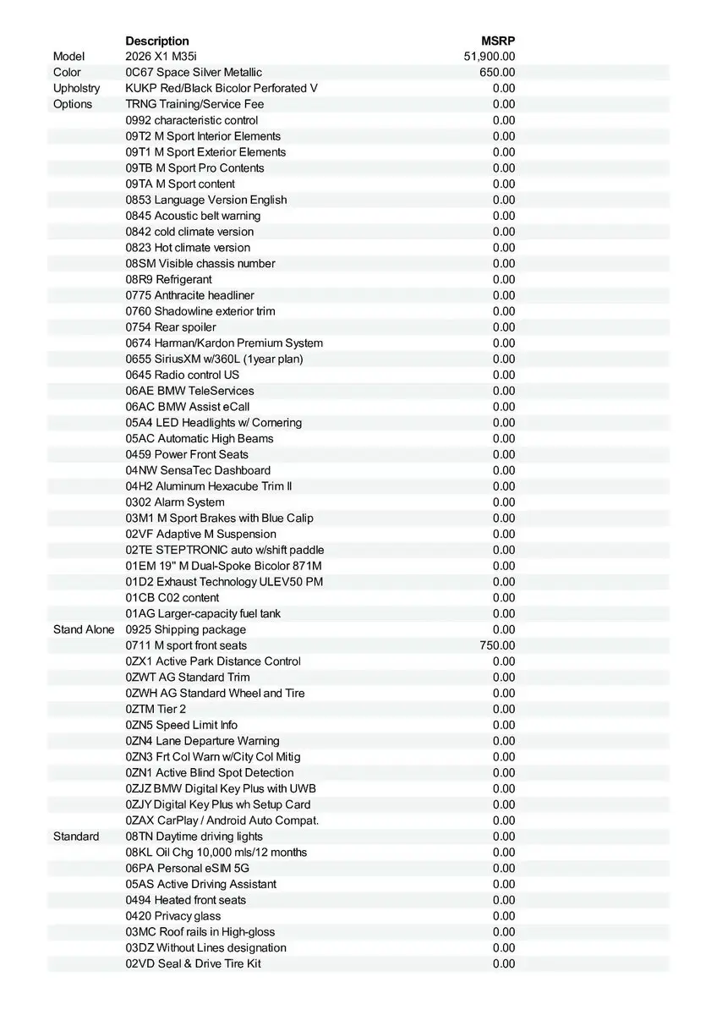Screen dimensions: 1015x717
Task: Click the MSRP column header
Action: point(498,41)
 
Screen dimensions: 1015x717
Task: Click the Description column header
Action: point(157,41)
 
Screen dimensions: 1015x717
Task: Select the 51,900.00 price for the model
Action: point(490,57)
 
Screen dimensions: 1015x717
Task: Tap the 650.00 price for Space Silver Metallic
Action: point(497,73)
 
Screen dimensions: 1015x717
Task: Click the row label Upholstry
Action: point(76,88)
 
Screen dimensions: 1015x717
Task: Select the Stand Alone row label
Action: point(84,629)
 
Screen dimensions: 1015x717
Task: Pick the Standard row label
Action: point(76,837)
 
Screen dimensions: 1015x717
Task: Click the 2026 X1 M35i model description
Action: point(161,57)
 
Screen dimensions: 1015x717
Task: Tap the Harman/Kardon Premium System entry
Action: point(224,343)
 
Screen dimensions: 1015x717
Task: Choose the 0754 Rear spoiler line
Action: point(171,327)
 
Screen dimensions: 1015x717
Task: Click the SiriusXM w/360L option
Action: point(214,359)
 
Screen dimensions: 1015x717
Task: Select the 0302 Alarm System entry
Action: point(175,502)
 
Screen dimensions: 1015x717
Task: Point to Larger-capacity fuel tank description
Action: point(203,613)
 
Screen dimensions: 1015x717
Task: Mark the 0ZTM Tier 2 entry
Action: point(156,709)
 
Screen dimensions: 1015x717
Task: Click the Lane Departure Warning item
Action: point(202,741)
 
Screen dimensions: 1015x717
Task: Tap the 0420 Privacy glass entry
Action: point(173,916)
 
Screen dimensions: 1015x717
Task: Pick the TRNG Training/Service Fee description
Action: point(194,104)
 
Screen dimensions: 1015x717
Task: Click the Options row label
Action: point(73,104)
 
